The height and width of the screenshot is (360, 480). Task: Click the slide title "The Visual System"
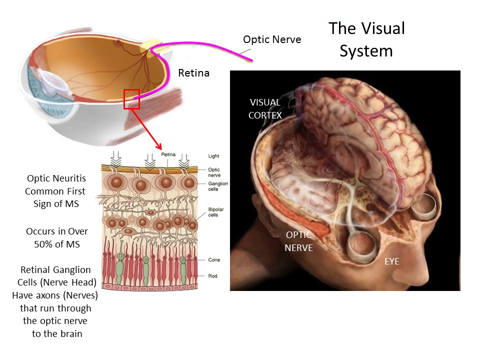[366, 39]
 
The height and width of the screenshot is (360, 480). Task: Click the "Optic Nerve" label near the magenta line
[272, 38]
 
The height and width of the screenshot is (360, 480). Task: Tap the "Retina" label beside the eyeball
[193, 73]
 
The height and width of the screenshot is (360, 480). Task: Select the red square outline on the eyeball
[131, 98]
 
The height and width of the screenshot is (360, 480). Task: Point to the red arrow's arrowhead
[159, 147]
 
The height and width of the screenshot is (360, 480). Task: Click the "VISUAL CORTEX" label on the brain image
[265, 108]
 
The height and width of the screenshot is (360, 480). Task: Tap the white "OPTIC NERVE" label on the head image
[299, 241]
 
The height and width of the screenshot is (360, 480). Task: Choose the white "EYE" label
[392, 261]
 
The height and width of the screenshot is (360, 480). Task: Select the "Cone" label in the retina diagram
[214, 260]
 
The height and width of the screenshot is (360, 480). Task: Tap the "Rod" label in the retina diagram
[213, 276]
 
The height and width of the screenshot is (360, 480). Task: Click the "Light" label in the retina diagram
[213, 156]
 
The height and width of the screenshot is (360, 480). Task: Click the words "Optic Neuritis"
[56, 178]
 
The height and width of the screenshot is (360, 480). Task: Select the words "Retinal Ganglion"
[55, 270]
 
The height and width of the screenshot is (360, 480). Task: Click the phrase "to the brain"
[57, 333]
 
